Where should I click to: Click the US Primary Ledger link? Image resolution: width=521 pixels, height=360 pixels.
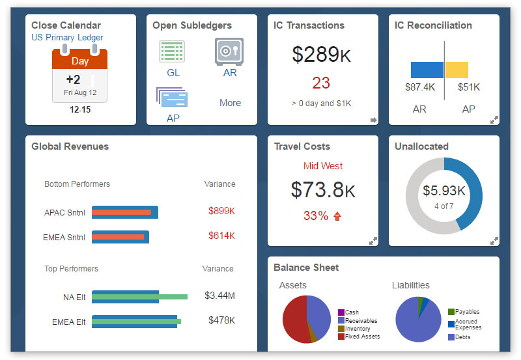(x=67, y=38)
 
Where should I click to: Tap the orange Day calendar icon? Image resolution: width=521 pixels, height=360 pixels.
(x=80, y=75)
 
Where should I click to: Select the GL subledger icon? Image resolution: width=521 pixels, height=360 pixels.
(x=173, y=51)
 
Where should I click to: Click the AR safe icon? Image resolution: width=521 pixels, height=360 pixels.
(x=229, y=51)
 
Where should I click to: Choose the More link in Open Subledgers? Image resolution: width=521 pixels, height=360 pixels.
(x=230, y=103)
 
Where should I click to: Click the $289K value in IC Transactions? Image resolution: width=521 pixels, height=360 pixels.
(x=321, y=55)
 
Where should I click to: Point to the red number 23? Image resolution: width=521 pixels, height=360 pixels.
(x=321, y=83)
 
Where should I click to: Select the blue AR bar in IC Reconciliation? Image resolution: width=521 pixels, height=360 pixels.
(x=427, y=70)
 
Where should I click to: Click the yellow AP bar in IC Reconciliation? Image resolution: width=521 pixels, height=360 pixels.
(x=457, y=70)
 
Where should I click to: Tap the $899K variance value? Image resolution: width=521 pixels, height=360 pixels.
(x=221, y=211)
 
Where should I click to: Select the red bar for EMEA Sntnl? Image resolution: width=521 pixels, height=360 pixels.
(x=118, y=237)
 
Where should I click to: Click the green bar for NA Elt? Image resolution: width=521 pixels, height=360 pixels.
(x=140, y=297)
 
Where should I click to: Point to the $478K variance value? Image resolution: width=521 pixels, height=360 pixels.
(x=221, y=320)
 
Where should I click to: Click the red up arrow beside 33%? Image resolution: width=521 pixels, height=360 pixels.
(x=337, y=216)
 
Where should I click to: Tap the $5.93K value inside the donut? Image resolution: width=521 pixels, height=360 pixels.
(x=444, y=191)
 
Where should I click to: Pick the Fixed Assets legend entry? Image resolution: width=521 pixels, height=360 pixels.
(x=362, y=337)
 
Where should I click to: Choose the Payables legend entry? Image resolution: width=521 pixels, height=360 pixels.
(x=466, y=312)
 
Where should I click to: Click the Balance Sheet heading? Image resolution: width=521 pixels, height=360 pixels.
(x=306, y=268)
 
